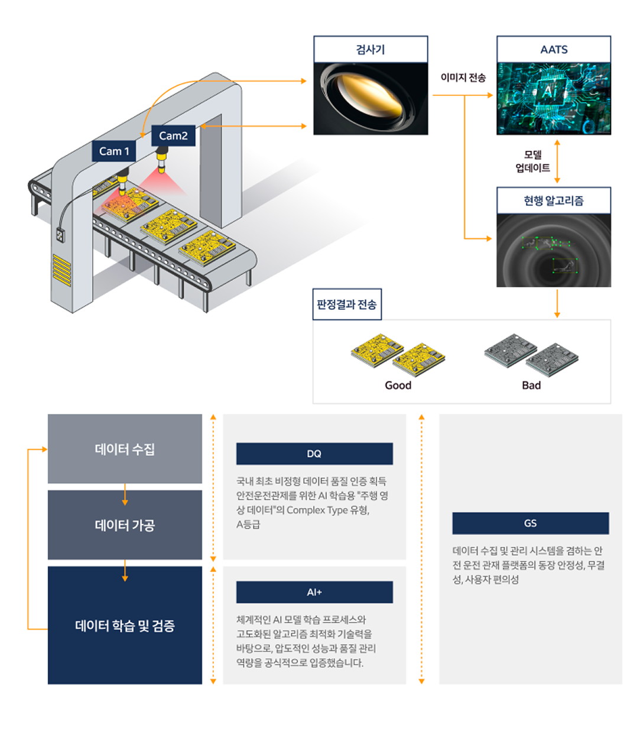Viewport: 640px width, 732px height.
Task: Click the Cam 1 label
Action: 113,151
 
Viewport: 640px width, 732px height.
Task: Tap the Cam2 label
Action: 173,135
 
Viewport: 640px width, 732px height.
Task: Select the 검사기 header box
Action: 371,50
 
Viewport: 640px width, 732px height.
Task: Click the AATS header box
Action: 554,50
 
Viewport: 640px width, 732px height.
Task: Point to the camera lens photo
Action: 371,99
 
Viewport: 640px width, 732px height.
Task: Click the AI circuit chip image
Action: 554,99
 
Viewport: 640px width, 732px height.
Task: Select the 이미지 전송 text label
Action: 463,77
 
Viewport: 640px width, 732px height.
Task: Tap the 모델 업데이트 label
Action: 532,161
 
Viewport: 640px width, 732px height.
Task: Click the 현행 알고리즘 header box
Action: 554,200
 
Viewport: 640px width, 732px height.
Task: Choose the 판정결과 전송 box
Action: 347,304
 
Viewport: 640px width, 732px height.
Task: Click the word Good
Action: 398,386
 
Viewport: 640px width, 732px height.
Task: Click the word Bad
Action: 531,386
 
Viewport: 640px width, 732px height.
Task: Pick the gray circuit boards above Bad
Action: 531,355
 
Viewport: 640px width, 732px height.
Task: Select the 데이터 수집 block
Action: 125,449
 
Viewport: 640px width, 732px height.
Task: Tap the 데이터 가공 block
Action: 125,525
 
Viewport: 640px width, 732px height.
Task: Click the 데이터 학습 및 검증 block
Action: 125,625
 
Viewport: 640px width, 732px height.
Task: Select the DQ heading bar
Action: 314,454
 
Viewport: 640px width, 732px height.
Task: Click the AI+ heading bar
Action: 314,592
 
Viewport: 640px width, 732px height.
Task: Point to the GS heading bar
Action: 531,523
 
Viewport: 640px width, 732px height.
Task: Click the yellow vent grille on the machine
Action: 62,270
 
